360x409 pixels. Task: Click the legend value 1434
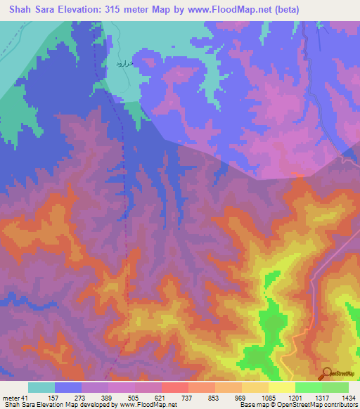(x=348, y=398)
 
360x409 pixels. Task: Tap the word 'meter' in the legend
(x=11, y=398)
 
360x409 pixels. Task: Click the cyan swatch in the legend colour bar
(x=41, y=387)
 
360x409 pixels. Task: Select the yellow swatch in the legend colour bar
(x=281, y=387)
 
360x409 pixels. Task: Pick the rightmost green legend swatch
(x=335, y=387)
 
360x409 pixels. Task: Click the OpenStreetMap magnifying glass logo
(x=326, y=374)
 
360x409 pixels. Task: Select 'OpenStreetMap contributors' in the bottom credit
(x=319, y=405)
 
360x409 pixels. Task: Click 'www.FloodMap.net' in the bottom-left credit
(x=148, y=405)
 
